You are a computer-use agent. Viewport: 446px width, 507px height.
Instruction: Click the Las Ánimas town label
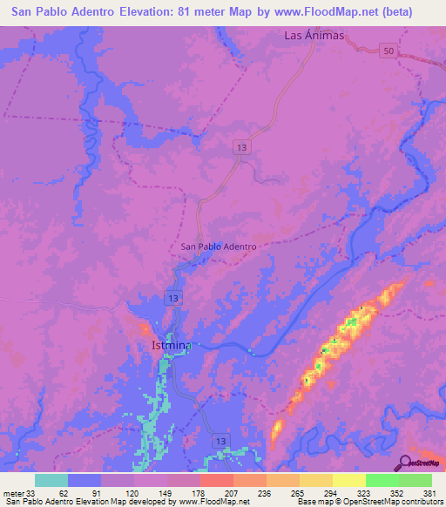click(315, 36)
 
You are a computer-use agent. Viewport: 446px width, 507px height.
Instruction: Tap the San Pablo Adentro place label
click(218, 247)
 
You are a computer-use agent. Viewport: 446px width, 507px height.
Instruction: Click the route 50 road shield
click(389, 53)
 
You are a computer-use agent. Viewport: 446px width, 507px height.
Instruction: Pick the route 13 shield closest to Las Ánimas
click(243, 149)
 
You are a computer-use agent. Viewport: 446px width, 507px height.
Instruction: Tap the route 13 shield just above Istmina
click(175, 299)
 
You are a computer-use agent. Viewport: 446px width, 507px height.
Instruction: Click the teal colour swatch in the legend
click(51, 480)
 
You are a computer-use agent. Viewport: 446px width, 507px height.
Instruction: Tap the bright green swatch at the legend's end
click(415, 480)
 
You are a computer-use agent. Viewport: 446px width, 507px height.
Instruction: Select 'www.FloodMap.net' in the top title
click(320, 12)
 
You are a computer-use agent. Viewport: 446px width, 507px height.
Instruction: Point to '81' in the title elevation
click(189, 12)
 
